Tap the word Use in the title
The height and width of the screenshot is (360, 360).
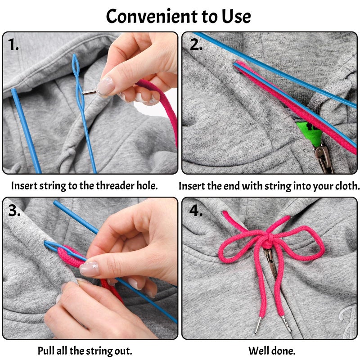tap(236, 16)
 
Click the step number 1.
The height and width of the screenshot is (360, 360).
tap(13, 44)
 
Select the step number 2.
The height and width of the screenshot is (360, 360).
tap(196, 44)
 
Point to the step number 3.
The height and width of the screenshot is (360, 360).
tap(14, 210)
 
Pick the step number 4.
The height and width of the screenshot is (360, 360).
tap(196, 210)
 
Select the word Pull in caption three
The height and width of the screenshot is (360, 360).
tap(45, 351)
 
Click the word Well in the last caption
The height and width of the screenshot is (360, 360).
tap(257, 351)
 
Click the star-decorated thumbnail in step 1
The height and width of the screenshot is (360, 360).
tap(105, 85)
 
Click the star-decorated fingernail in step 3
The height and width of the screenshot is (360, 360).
tap(90, 269)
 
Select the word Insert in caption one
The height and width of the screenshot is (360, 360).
tap(24, 185)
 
